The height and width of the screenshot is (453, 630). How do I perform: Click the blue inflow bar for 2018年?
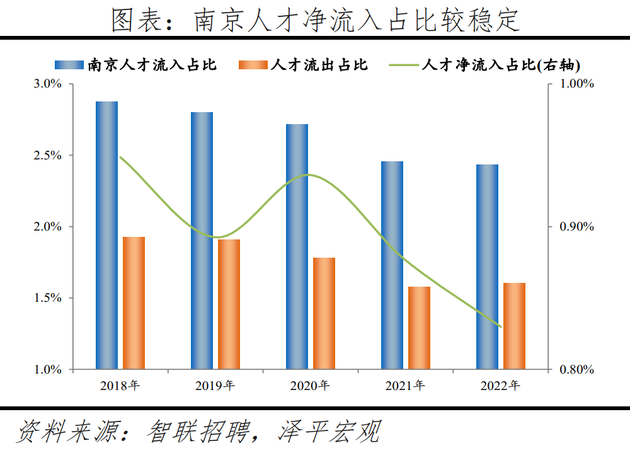click(x=106, y=235)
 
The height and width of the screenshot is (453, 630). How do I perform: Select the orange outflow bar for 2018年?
click(x=134, y=302)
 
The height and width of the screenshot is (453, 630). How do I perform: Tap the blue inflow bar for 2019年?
click(x=202, y=240)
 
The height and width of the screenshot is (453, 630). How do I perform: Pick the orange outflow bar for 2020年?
click(x=324, y=313)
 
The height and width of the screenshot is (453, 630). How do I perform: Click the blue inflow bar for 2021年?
click(x=392, y=265)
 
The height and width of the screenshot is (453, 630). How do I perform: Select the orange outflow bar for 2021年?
click(x=419, y=328)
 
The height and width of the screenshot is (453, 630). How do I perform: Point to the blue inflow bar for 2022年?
click(x=487, y=267)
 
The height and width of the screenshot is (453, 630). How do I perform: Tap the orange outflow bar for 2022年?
click(x=514, y=326)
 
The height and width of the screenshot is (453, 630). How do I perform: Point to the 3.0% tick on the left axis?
click(x=47, y=84)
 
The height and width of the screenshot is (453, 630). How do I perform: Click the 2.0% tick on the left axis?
click(x=47, y=227)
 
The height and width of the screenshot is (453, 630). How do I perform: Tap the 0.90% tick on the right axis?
click(x=577, y=227)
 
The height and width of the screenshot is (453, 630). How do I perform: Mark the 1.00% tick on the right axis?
click(x=577, y=84)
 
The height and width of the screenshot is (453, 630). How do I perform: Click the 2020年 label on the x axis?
click(x=310, y=386)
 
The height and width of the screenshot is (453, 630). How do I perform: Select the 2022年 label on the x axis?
click(x=500, y=386)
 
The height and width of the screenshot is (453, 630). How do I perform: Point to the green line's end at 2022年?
click(x=500, y=326)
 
